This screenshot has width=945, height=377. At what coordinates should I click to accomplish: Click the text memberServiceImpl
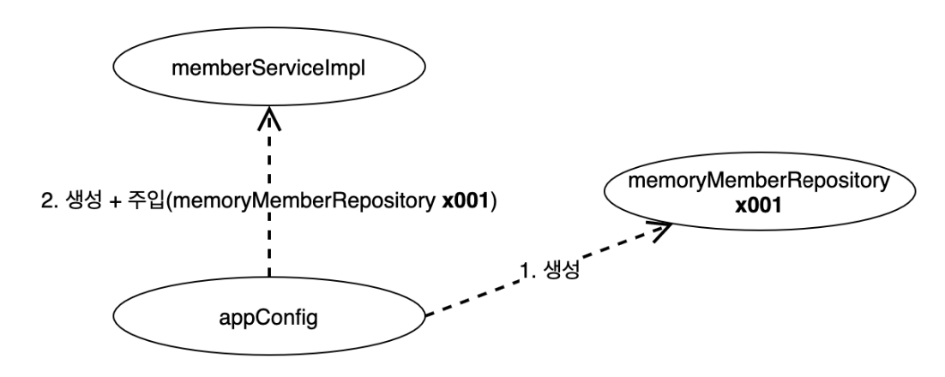269,68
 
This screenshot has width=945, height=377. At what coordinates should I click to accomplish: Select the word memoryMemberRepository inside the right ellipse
760,182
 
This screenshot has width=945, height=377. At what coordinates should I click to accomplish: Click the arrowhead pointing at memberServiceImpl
269,118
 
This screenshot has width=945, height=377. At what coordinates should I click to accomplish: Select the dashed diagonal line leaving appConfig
549,269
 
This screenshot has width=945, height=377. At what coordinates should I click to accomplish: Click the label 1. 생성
550,271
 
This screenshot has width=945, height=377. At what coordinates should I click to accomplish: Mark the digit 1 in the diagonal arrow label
524,272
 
